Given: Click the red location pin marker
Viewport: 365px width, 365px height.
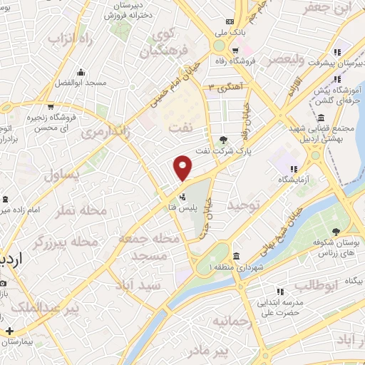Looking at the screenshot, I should click(184, 168).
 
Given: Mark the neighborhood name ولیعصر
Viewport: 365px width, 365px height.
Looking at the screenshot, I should click(284, 60).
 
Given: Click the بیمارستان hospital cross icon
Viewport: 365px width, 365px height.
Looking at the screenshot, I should click(9, 331).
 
